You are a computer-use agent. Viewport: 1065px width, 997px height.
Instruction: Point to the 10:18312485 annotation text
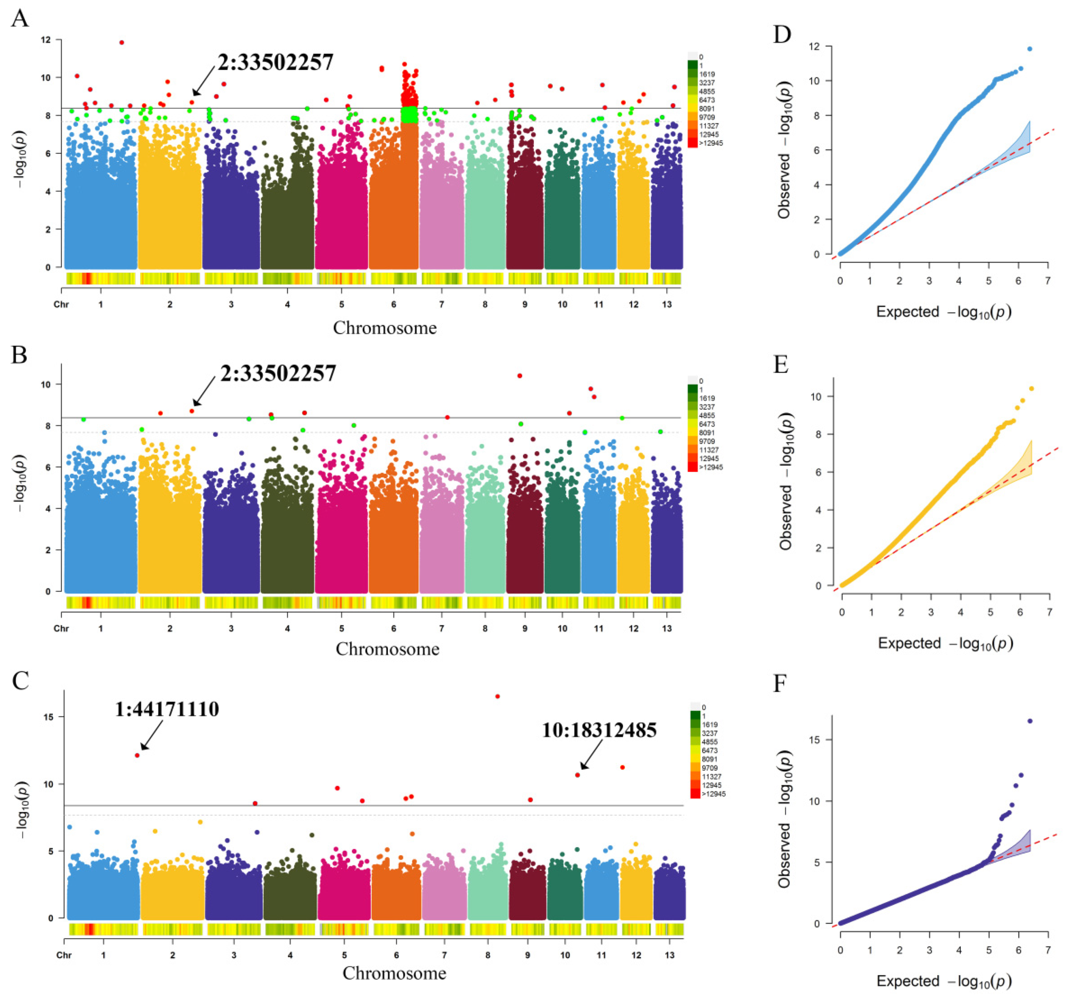tap(599, 730)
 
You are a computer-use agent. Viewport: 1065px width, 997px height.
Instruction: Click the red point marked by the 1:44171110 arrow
tap(137, 755)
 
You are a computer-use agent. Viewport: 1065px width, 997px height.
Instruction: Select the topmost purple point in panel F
tap(1030, 721)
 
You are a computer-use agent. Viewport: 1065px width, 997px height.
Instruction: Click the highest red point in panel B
tap(519, 376)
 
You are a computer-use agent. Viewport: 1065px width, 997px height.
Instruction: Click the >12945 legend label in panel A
tap(711, 143)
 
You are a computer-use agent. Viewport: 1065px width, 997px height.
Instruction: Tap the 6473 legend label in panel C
tap(710, 751)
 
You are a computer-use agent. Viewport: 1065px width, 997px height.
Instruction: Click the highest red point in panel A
tap(122, 42)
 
